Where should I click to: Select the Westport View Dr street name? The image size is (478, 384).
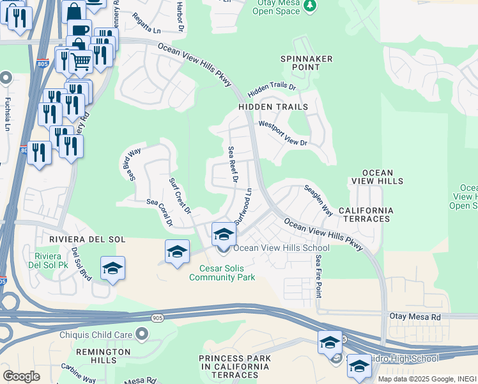[282, 134]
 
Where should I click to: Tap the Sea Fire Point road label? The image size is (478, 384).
[318, 276]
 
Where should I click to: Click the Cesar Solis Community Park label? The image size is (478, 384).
[222, 273]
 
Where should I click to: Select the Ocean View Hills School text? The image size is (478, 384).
[281, 248]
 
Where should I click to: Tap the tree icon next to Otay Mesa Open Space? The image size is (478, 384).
[310, 6]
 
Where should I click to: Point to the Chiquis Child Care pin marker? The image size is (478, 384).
[141, 334]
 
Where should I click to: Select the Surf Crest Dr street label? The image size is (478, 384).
[180, 195]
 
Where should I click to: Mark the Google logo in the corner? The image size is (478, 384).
[21, 376]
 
